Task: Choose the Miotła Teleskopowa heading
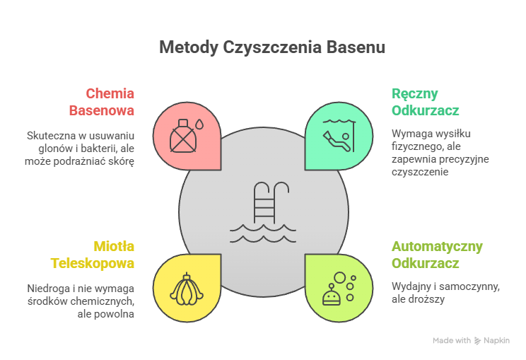93,255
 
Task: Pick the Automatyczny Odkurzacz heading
437,255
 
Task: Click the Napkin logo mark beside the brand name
478,341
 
